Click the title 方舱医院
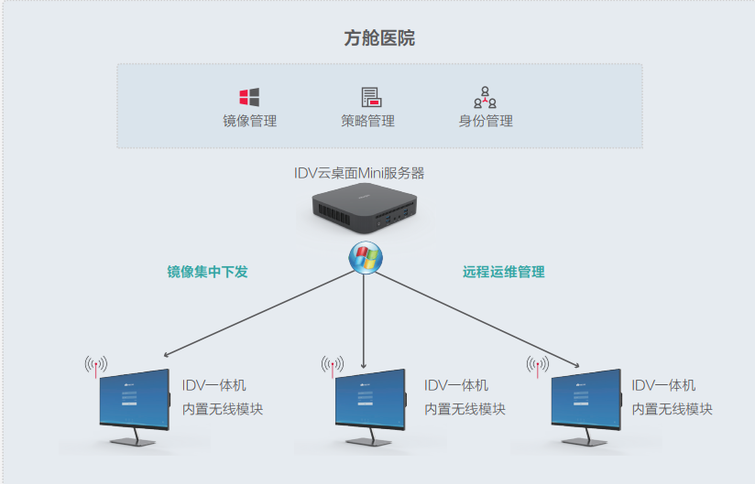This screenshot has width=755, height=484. click(x=378, y=38)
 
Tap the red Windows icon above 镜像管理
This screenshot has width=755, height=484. click(x=249, y=98)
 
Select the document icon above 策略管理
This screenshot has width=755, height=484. click(x=370, y=98)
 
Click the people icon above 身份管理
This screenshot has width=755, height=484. click(x=485, y=97)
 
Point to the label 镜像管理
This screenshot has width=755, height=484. click(x=249, y=121)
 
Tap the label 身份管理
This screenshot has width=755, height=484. click(x=486, y=121)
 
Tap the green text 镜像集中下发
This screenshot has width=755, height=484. click(x=207, y=272)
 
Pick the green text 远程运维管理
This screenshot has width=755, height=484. click(x=504, y=272)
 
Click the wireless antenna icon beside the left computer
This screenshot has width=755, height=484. click(x=94, y=368)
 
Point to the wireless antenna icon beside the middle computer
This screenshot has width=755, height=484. click(x=331, y=368)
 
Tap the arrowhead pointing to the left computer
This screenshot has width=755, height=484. click(x=166, y=354)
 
